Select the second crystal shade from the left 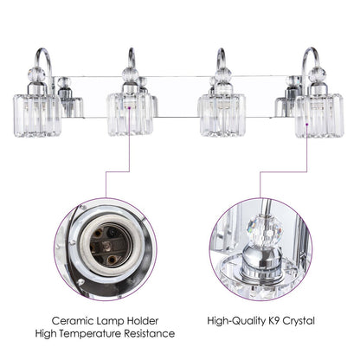[x=129, y=113]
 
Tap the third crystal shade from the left [x=221, y=113]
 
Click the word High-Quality [x=239, y=321]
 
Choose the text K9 [x=278, y=321]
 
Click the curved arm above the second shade [x=131, y=57]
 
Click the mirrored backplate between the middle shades [x=176, y=95]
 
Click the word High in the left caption [x=48, y=333]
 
